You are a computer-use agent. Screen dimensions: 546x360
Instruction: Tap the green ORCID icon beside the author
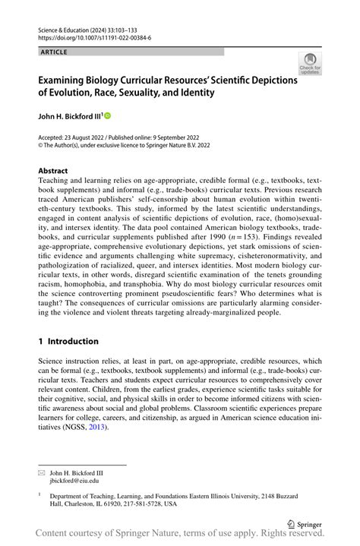click(107, 115)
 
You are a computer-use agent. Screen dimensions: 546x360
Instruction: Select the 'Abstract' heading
click(52, 171)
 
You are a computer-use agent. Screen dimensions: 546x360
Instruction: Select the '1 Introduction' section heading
click(68, 342)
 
